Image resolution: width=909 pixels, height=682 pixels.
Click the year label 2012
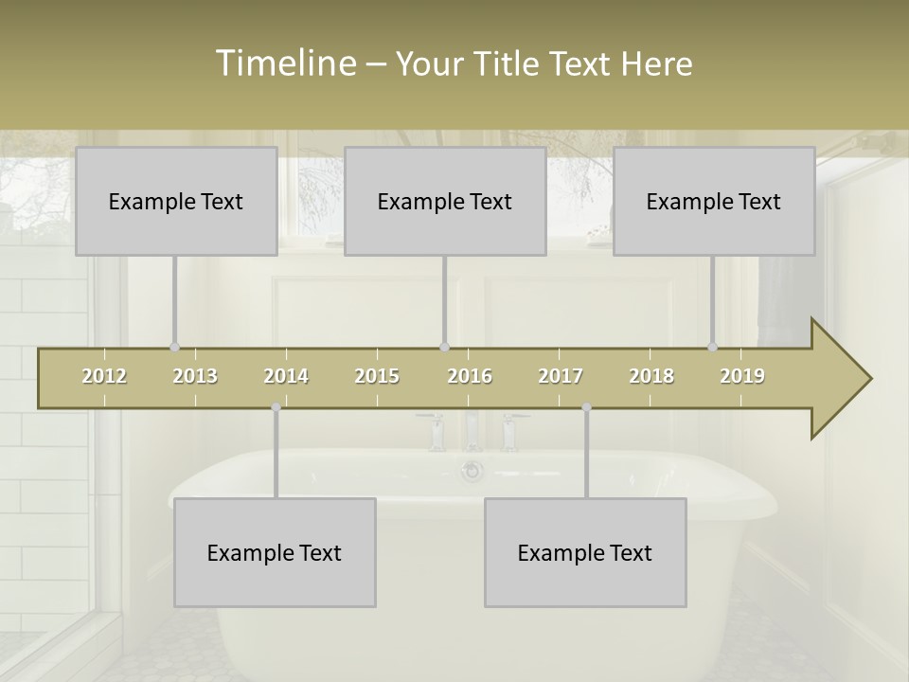pyautogui.click(x=104, y=376)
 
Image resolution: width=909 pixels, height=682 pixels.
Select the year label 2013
pyautogui.click(x=195, y=376)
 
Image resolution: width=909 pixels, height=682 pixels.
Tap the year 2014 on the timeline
pyautogui.click(x=286, y=376)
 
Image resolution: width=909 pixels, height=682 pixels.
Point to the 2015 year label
pyautogui.click(x=377, y=376)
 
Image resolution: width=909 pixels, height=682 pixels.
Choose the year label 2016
pyautogui.click(x=470, y=376)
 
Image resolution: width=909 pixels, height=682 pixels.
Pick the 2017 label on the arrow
pyautogui.click(x=561, y=376)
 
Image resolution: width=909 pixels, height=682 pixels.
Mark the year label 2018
pyautogui.click(x=651, y=376)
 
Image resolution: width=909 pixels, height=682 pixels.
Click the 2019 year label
pyautogui.click(x=742, y=376)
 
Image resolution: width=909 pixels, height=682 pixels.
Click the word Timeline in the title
pyautogui.click(x=284, y=63)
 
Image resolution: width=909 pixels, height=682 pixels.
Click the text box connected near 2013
pyautogui.click(x=176, y=201)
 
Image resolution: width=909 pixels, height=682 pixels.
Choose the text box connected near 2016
pyautogui.click(x=445, y=201)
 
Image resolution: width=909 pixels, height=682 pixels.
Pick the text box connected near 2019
pyautogui.click(x=714, y=201)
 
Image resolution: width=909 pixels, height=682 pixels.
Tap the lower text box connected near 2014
pyautogui.click(x=275, y=552)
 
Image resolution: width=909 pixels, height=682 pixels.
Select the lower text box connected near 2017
pyautogui.click(x=585, y=552)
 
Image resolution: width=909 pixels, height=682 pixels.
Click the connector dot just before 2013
pyautogui.click(x=174, y=347)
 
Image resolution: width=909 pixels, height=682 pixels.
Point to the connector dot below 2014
pyautogui.click(x=276, y=407)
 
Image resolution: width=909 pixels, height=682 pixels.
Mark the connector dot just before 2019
pyautogui.click(x=712, y=347)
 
